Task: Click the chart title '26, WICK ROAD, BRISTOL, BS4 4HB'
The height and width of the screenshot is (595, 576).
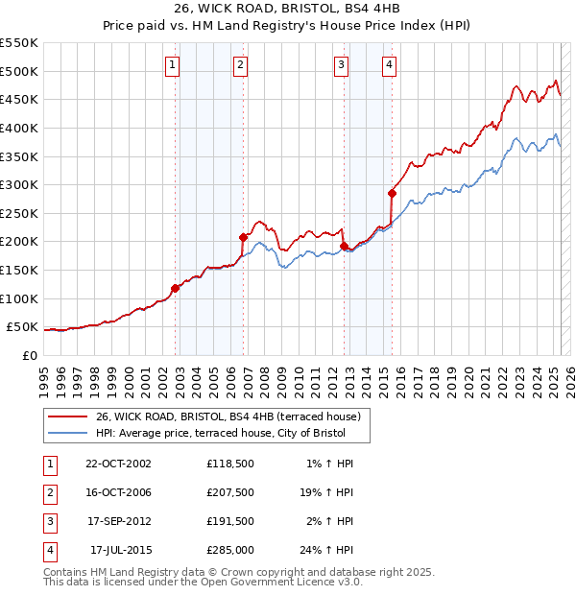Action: click(x=287, y=8)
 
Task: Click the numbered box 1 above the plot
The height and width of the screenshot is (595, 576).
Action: click(x=172, y=65)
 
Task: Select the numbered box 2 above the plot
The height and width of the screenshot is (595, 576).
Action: click(x=239, y=65)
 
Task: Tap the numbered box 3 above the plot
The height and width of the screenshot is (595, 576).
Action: click(x=341, y=65)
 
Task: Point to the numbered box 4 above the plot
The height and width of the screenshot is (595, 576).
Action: click(x=389, y=65)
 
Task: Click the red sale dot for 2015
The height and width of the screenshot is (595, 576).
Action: click(x=392, y=193)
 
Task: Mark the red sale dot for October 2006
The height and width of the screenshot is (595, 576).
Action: click(x=243, y=236)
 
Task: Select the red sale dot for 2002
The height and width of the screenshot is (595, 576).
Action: click(x=175, y=287)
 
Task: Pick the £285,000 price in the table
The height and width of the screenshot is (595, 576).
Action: click(x=230, y=550)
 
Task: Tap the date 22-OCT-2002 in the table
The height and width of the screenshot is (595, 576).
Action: click(x=118, y=464)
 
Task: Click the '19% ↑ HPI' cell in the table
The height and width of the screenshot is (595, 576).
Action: click(x=327, y=492)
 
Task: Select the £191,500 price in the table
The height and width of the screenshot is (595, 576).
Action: click(x=230, y=521)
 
